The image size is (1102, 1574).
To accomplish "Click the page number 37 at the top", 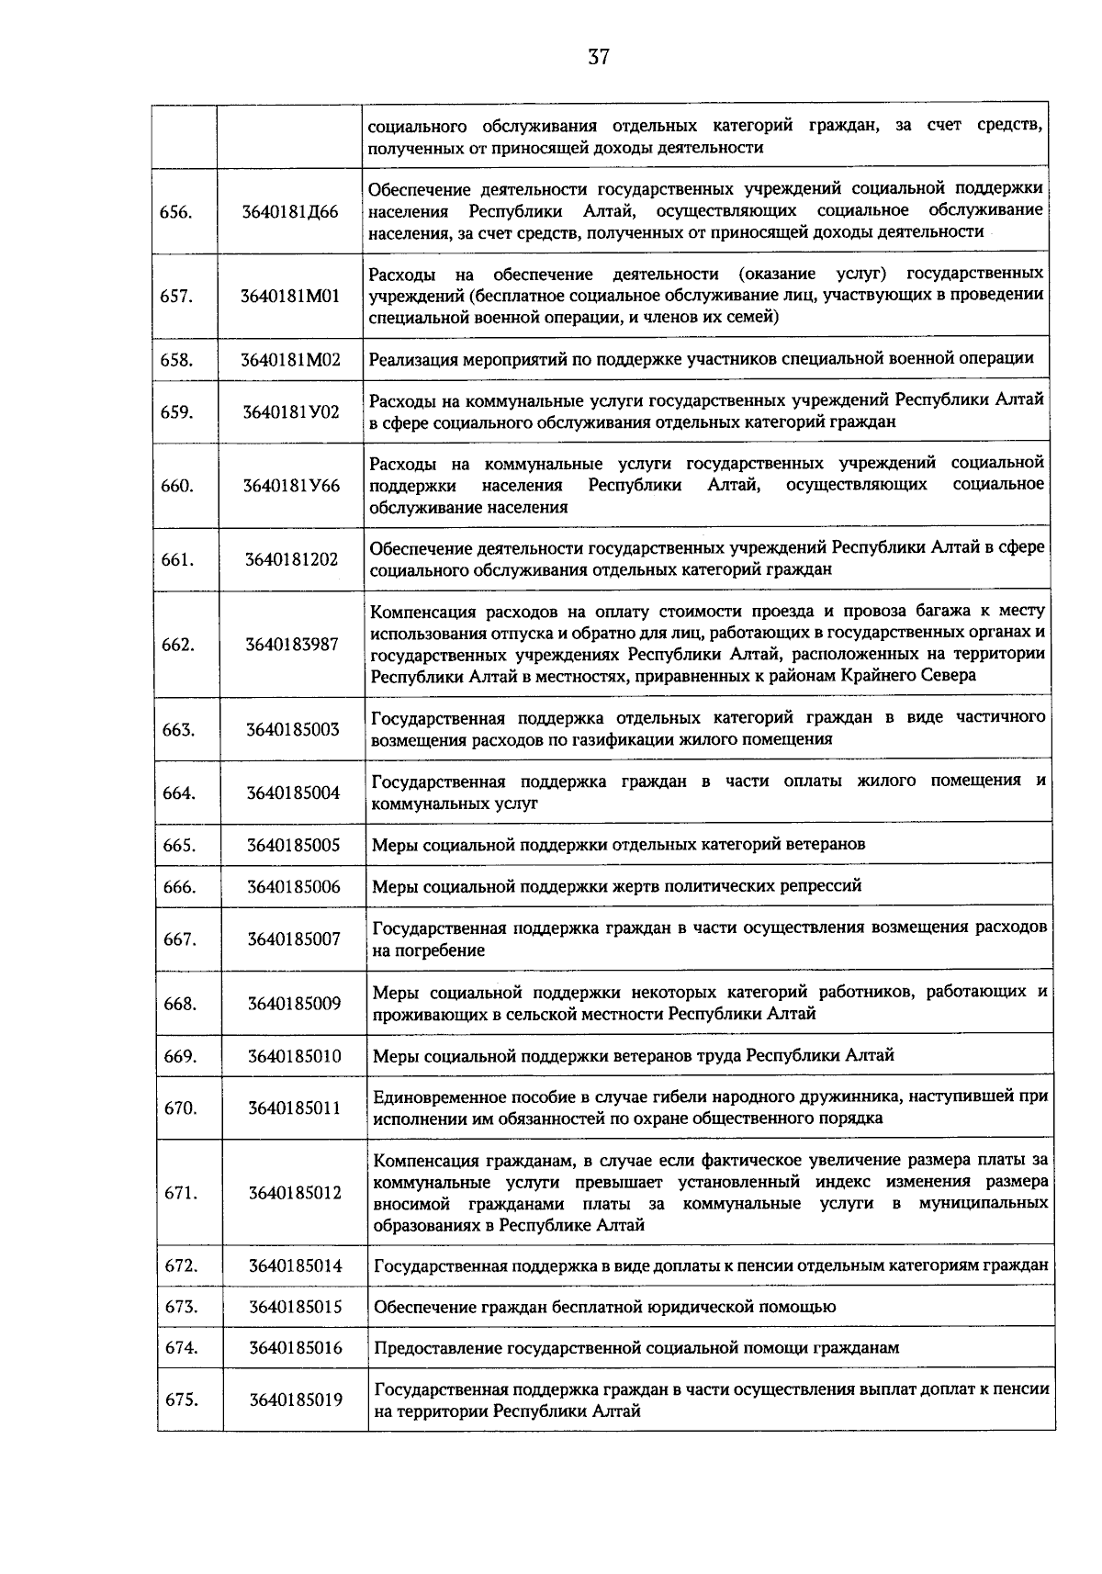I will click(598, 57).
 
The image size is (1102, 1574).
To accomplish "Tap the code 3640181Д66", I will click(290, 211).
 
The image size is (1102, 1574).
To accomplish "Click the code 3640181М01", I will click(290, 296).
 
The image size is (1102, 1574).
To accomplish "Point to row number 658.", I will click(176, 359).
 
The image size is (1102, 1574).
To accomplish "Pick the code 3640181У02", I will click(290, 411).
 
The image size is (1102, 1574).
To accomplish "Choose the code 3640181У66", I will click(290, 485).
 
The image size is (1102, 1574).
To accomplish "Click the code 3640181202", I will click(291, 558).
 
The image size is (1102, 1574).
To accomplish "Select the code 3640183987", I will click(292, 644).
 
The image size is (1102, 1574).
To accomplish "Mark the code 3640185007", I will click(293, 939).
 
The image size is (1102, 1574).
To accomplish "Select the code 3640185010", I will click(294, 1056).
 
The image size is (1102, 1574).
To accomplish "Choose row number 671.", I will click(180, 1193).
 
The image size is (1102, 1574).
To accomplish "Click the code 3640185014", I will click(295, 1265).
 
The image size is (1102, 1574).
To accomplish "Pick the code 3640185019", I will click(295, 1400).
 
